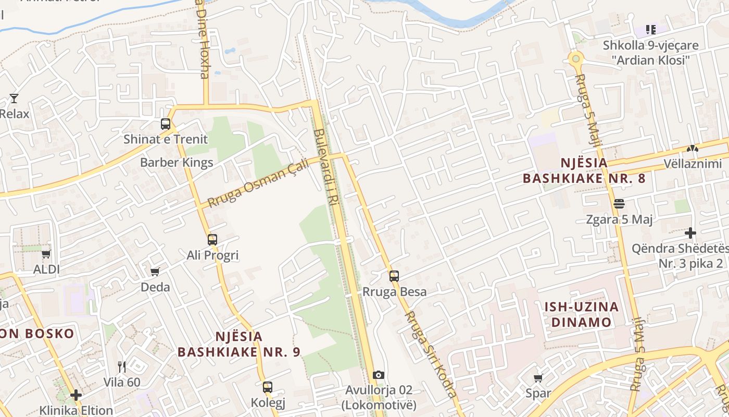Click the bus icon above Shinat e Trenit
tap(166, 124)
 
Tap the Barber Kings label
tap(177, 163)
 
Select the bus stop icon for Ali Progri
tap(212, 240)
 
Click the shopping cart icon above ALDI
tap(46, 254)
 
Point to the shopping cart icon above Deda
tap(155, 272)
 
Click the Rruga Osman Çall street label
tap(258, 183)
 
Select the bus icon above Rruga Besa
tap(394, 276)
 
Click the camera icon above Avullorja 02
tap(379, 375)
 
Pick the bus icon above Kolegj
tap(268, 387)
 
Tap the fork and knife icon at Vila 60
tap(122, 367)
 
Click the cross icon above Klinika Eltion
tap(76, 395)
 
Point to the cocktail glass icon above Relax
tap(14, 98)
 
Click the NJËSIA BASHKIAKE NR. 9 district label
tap(238, 344)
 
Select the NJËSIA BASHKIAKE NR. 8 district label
tap(584, 170)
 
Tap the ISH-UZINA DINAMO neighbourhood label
tap(581, 314)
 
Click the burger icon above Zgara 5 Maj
tap(619, 204)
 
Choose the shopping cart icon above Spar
tap(538, 378)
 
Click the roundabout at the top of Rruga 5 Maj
tap(575, 58)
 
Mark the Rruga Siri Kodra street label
tap(430, 354)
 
